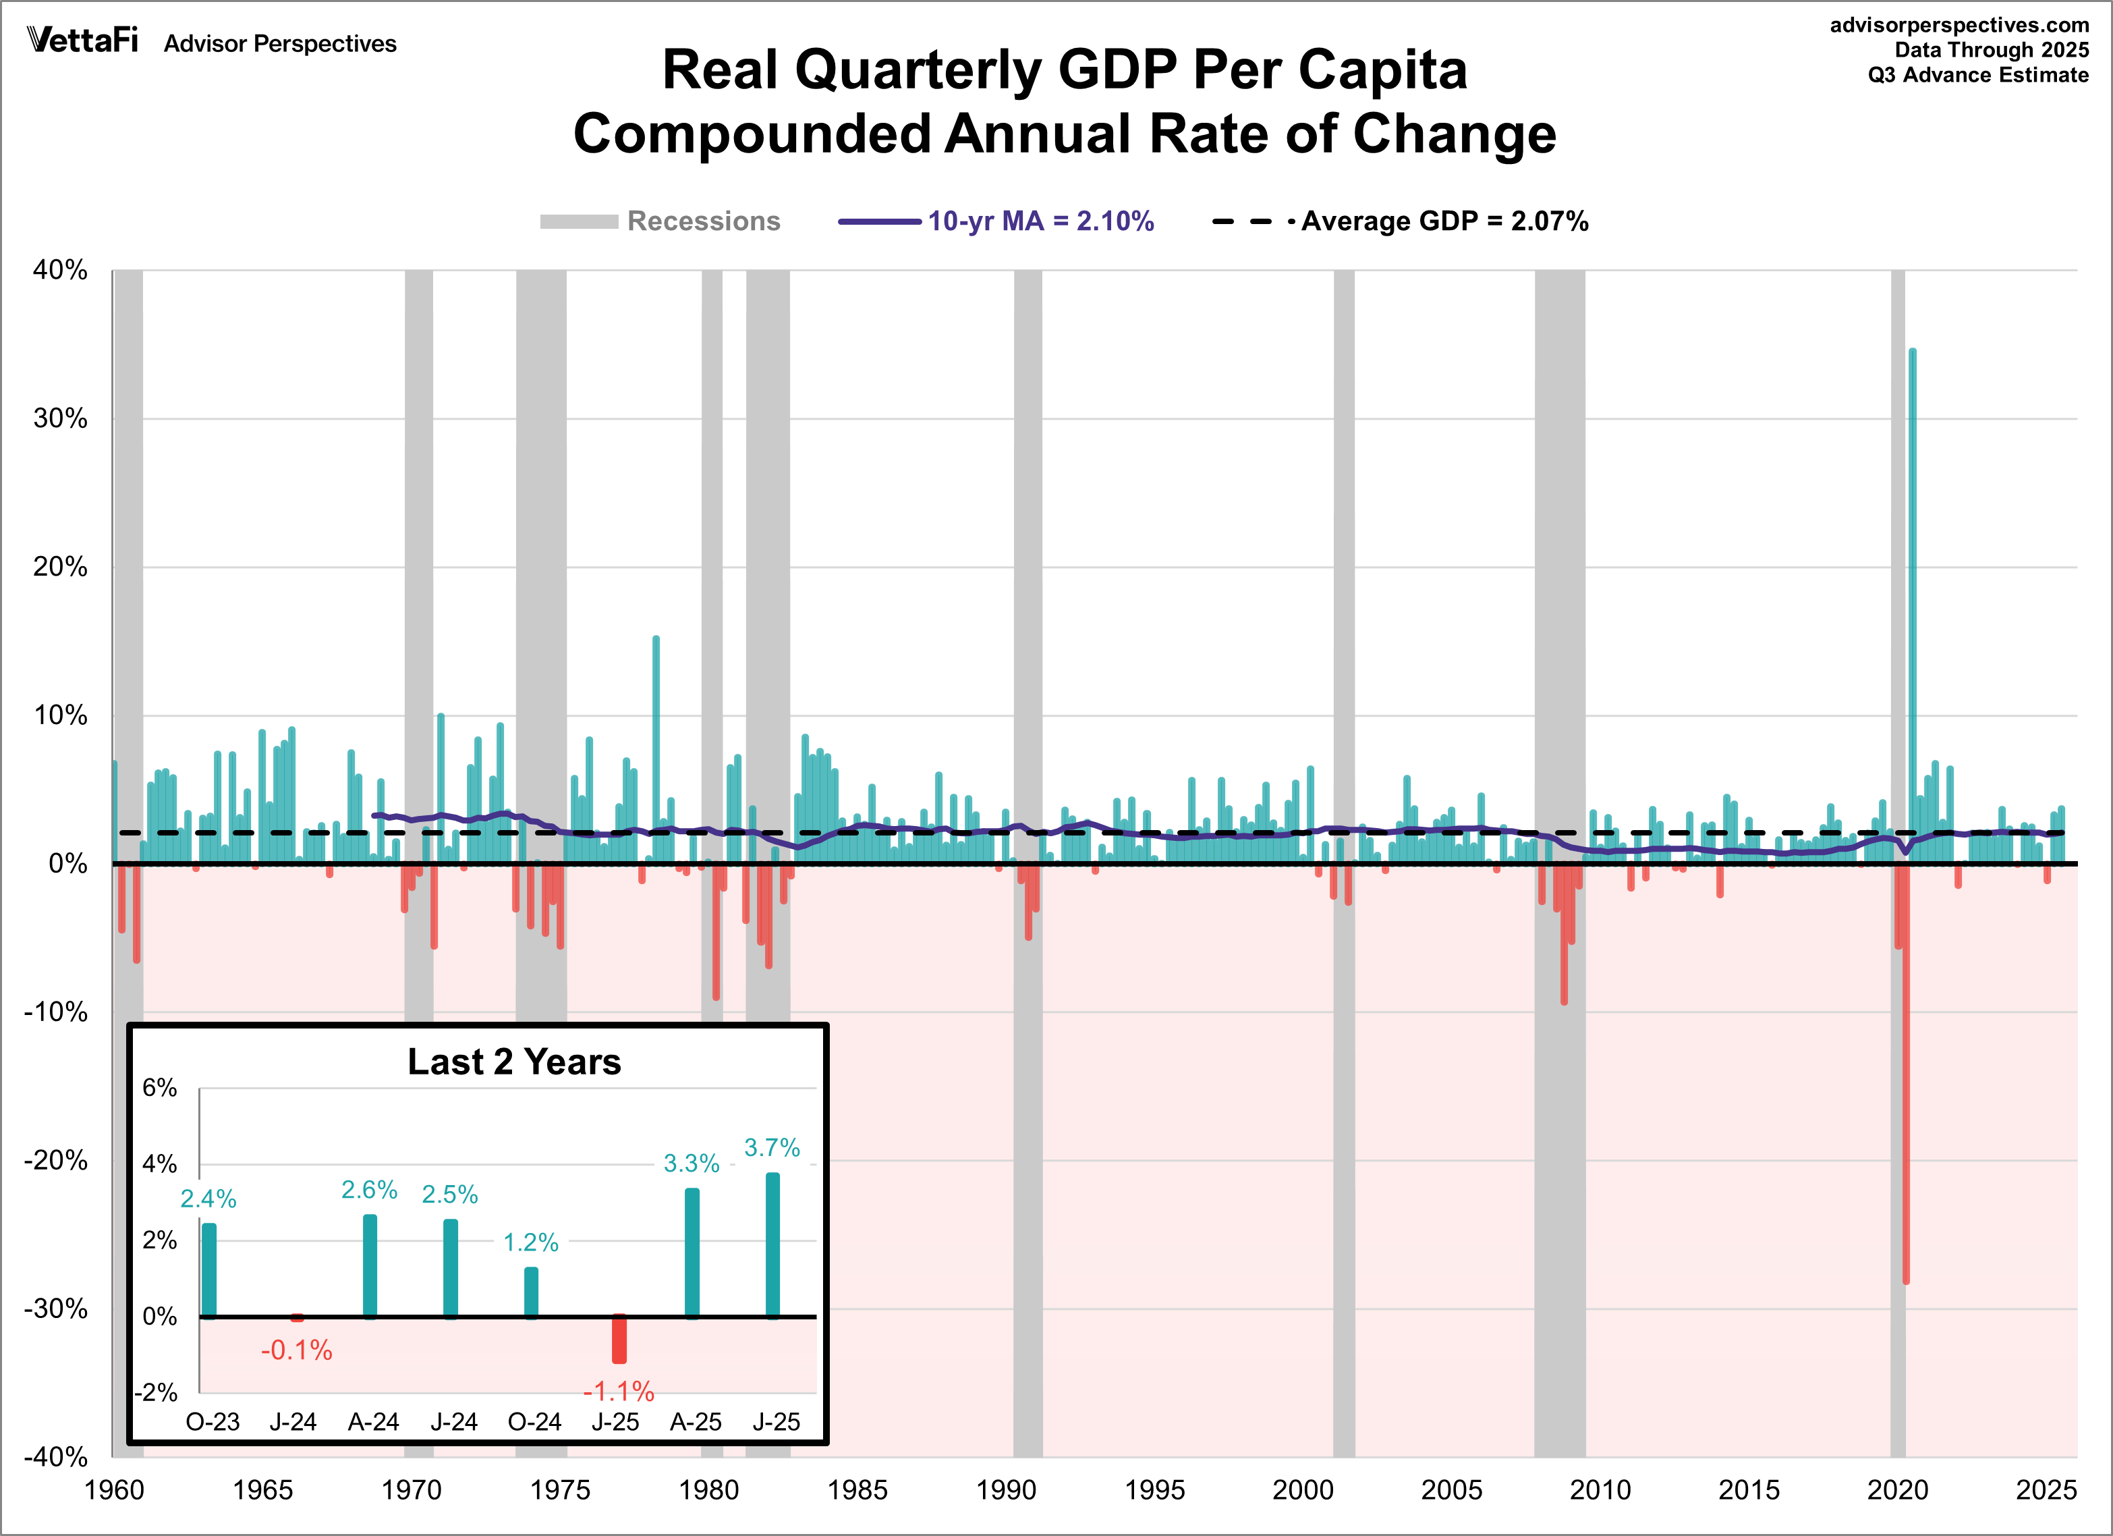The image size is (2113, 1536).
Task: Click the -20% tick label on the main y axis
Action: (56, 1160)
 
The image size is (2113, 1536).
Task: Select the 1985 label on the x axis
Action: (857, 1489)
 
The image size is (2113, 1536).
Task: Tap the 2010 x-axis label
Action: (1600, 1489)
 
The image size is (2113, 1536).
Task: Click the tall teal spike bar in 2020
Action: (1913, 597)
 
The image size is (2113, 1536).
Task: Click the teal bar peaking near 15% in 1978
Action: (656, 746)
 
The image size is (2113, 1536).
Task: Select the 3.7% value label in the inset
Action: (771, 1147)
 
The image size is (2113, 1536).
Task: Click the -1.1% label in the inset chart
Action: (619, 1392)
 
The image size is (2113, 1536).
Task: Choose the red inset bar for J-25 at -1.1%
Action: (619, 1340)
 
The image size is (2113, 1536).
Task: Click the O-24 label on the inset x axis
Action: (534, 1421)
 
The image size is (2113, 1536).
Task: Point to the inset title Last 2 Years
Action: (514, 1062)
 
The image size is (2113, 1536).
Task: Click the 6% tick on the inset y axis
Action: (159, 1088)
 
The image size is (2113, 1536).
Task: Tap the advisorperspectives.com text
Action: (1959, 25)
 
